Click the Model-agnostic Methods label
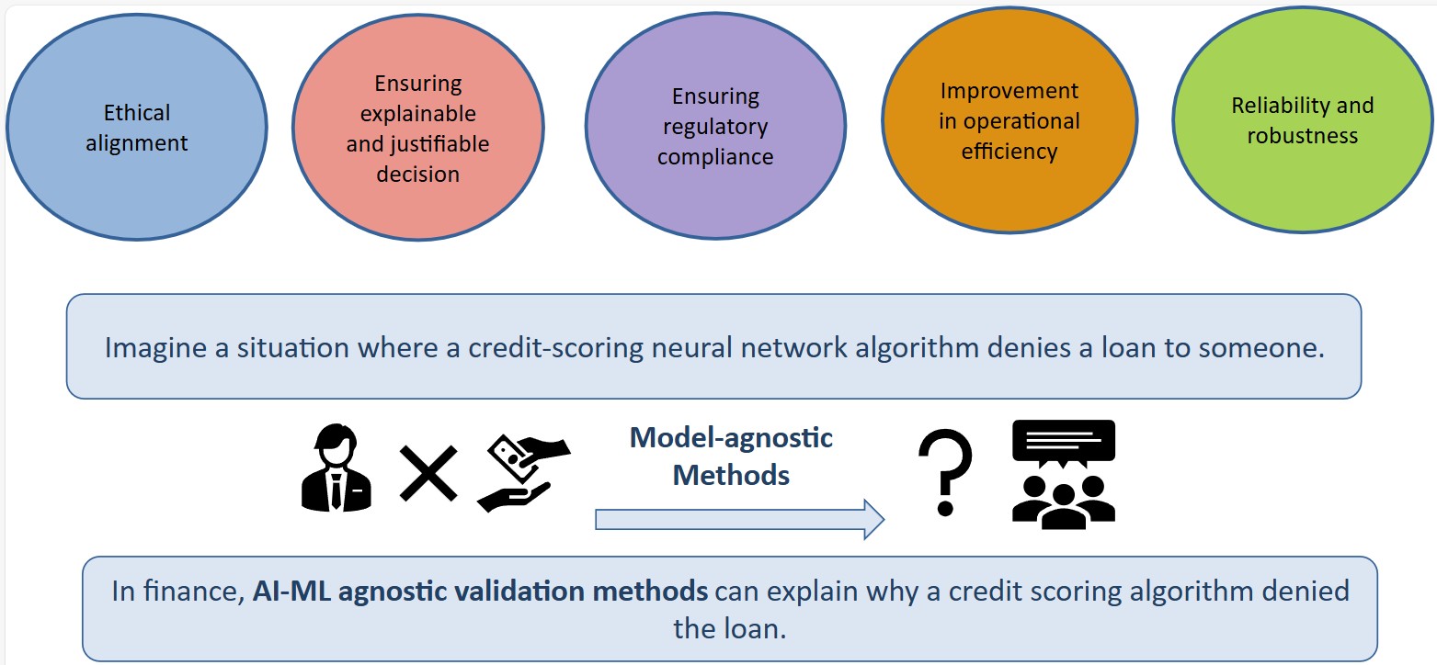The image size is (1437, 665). coord(731,456)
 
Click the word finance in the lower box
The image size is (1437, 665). coord(195,590)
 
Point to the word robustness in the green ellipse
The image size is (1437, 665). coord(1302,135)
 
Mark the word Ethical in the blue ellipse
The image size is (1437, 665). coord(137,113)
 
